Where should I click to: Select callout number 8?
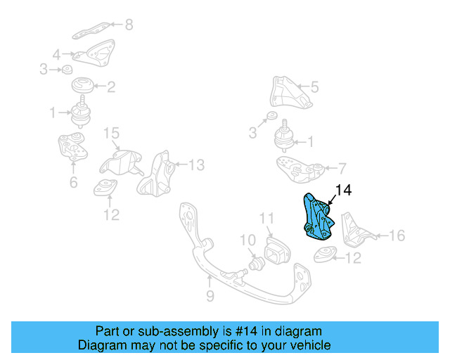pos(128,25)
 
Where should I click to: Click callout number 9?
pos(210,297)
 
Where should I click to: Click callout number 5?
pos(314,87)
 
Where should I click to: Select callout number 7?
pos(342,168)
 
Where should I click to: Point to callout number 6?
pos(73,184)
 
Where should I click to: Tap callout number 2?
pos(111,87)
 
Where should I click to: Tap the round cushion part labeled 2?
pos(84,87)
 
